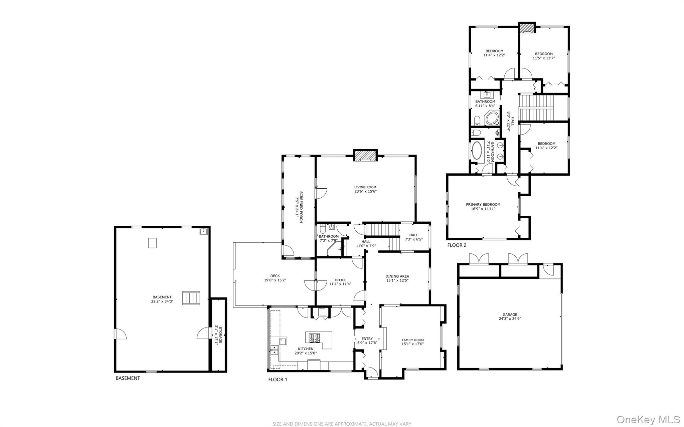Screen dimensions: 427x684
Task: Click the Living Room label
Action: tap(365, 187)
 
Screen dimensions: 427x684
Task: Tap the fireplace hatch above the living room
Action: tap(365, 156)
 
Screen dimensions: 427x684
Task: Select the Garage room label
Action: tap(510, 314)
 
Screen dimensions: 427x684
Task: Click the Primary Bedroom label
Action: tap(483, 205)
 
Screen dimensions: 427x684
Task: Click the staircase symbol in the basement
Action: tap(191, 298)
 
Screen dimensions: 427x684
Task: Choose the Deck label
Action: tap(275, 276)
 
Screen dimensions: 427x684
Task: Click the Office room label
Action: tap(340, 280)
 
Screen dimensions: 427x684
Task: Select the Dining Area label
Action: tap(397, 276)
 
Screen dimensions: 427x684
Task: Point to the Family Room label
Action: tap(413, 340)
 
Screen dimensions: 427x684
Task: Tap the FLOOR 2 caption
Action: tap(457, 245)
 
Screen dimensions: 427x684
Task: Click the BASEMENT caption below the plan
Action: tap(128, 378)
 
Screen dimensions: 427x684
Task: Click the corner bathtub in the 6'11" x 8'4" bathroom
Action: tap(492, 119)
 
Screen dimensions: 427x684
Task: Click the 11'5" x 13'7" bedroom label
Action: tap(544, 54)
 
